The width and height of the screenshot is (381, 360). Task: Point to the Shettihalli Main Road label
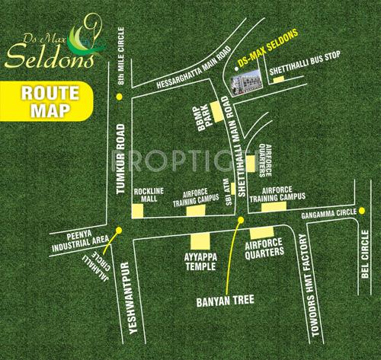tap(237, 149)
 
